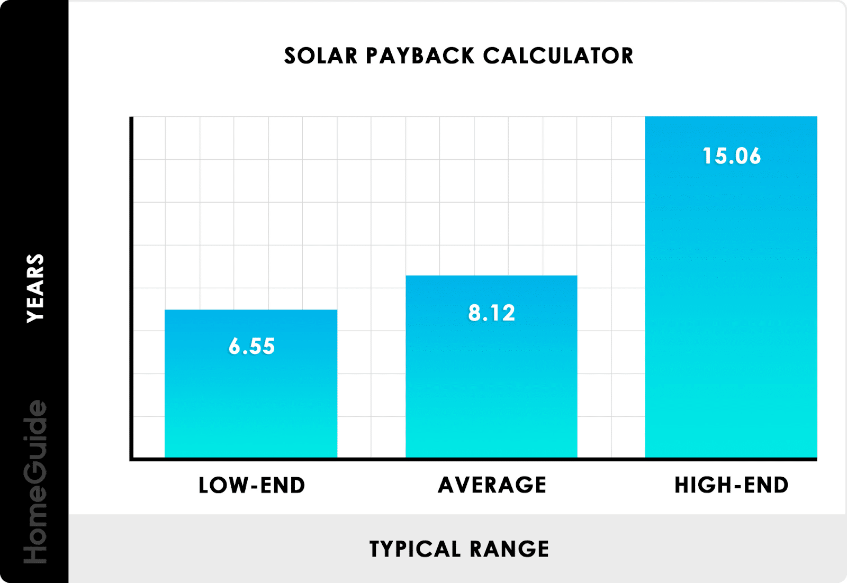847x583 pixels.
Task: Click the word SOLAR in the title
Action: (x=321, y=56)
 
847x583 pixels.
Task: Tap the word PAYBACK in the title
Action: (x=420, y=56)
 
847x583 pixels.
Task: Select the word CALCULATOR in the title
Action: (x=558, y=56)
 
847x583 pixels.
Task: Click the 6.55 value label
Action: (x=251, y=347)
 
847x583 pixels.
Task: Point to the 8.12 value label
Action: (x=491, y=313)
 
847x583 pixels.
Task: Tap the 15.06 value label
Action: (x=731, y=157)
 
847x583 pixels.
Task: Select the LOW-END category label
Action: (x=251, y=486)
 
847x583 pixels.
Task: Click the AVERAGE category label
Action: (x=492, y=486)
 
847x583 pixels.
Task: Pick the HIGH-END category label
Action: (x=731, y=486)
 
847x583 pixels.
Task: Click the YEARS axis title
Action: (x=35, y=288)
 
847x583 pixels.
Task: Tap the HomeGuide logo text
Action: (x=35, y=481)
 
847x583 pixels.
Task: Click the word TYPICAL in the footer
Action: (x=415, y=549)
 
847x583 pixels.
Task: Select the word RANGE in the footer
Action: (x=509, y=549)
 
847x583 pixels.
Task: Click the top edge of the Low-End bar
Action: (x=251, y=311)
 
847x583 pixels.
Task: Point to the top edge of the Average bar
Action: (x=491, y=276)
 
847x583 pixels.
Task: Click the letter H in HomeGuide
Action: (x=35, y=552)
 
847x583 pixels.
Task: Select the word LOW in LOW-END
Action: (x=221, y=486)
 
